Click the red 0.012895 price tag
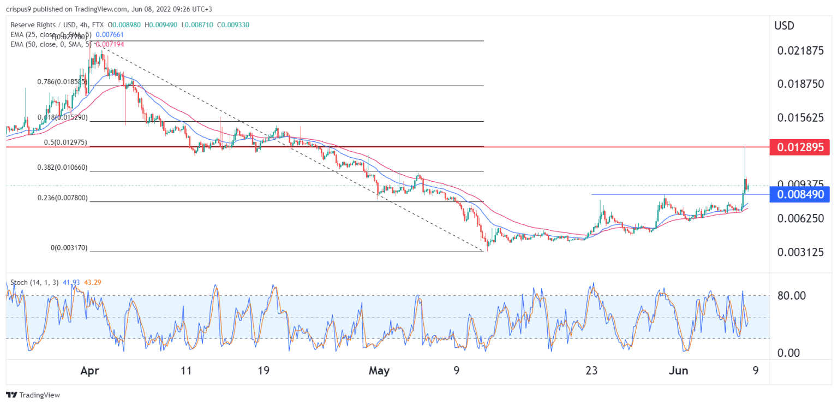point(799,147)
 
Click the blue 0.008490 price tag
point(799,194)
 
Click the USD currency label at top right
point(785,26)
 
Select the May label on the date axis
point(379,371)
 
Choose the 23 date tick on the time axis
point(591,371)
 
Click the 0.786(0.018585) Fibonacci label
point(62,81)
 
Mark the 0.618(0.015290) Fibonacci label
point(62,117)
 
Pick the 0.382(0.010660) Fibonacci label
point(62,168)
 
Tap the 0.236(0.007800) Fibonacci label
point(62,198)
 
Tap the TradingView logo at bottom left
point(33,395)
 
